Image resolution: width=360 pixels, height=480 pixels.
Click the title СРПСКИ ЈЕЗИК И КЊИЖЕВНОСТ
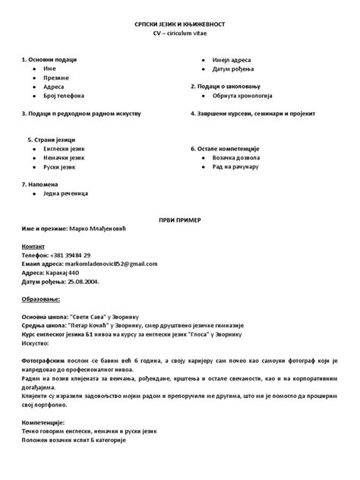tap(179, 25)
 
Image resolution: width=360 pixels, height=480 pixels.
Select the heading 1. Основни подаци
tap(49, 58)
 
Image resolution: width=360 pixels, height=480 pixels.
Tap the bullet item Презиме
tap(56, 77)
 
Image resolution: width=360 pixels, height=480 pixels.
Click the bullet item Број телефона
tap(65, 96)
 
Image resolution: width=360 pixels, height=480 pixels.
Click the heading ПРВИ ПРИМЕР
tap(180, 219)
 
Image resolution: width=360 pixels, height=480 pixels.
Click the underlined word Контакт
tap(34, 246)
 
